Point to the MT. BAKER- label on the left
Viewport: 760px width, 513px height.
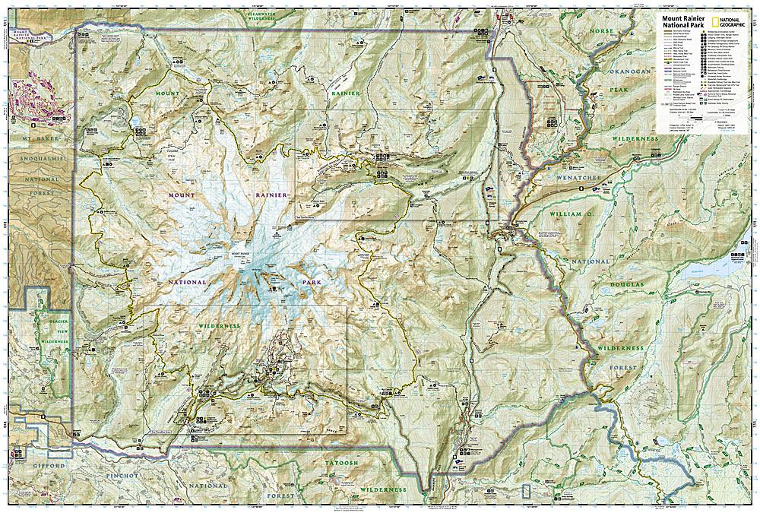point(33,142)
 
